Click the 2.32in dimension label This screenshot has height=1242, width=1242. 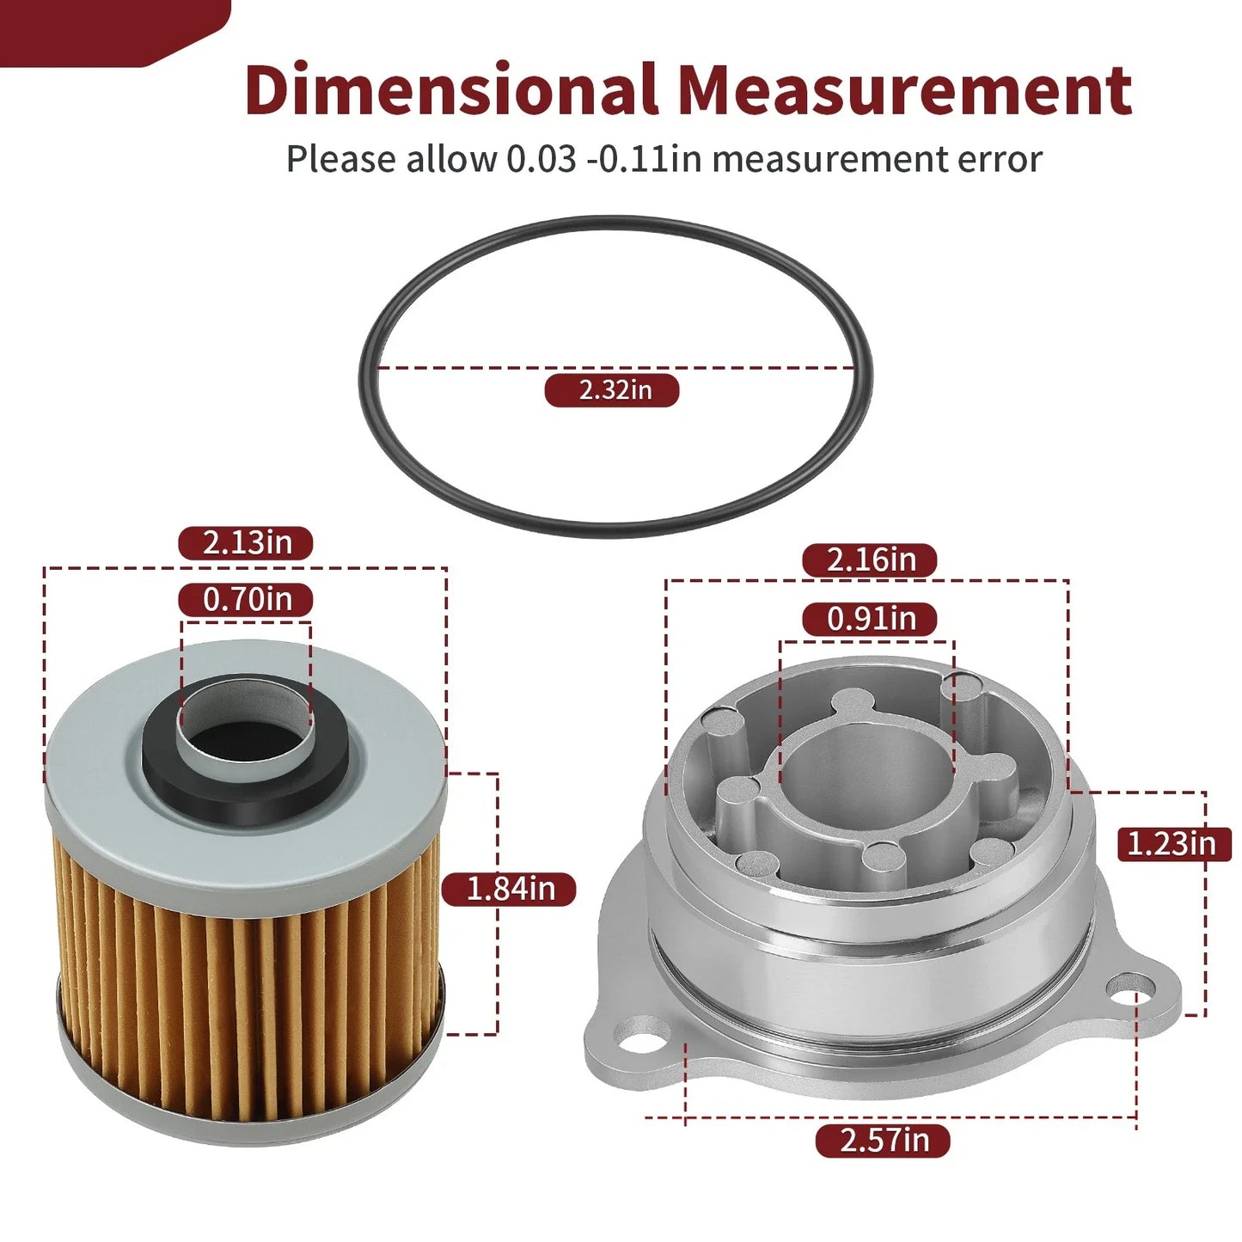point(612,390)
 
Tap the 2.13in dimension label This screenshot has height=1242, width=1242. point(246,543)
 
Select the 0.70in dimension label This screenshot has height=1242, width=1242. point(246,600)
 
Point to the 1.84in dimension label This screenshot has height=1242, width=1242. point(509,890)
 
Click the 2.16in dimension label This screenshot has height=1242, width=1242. point(870,560)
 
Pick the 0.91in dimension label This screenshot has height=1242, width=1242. point(870,620)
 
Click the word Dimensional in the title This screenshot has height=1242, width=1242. point(452,89)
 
